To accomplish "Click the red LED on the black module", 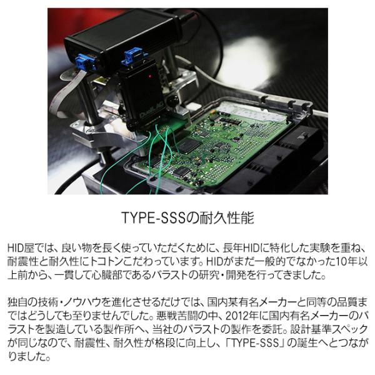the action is point(150,76).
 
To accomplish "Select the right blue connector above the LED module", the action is point(132,57).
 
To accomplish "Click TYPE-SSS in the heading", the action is point(154,217).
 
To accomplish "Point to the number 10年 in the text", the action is point(347,261).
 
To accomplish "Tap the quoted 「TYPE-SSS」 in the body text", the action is point(256,343).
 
